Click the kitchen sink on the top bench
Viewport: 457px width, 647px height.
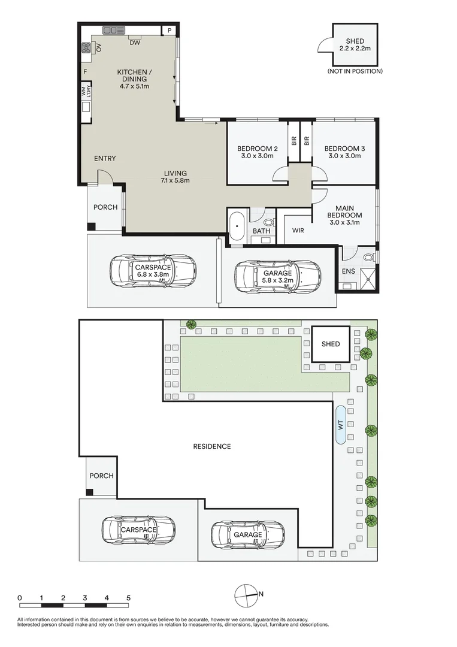[113, 30]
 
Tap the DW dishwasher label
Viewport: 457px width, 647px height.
[135, 43]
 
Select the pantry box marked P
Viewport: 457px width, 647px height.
[169, 30]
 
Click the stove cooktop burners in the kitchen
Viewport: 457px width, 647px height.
[86, 49]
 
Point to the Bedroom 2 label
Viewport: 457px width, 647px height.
[258, 149]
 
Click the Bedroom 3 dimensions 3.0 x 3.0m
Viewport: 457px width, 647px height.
[344, 156]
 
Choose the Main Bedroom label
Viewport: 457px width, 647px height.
[345, 211]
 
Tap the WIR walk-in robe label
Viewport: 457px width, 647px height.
[298, 230]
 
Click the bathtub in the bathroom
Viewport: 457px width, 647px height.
[237, 226]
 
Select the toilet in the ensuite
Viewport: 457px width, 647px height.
[368, 258]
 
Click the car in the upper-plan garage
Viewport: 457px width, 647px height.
[277, 276]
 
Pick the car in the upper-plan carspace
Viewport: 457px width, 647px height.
[153, 271]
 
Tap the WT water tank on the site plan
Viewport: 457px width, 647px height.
[341, 425]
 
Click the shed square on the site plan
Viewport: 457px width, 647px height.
[331, 344]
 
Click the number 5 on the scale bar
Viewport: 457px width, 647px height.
[129, 598]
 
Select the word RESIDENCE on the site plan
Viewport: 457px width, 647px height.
[212, 446]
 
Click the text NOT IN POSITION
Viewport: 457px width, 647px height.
[355, 71]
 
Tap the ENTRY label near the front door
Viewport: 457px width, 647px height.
[105, 158]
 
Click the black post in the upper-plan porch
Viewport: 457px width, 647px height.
[91, 226]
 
